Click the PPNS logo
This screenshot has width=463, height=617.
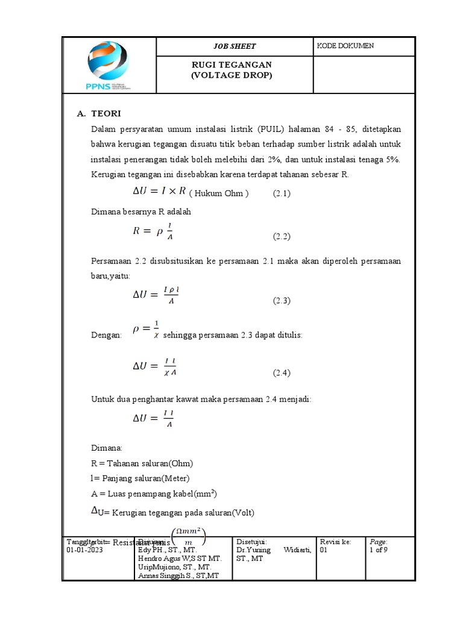coord(109,66)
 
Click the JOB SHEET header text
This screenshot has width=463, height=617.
coord(235,46)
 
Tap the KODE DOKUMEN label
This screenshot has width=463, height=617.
coord(345,46)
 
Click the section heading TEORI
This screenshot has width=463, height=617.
coord(108,113)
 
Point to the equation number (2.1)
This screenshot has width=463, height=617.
coord(282,193)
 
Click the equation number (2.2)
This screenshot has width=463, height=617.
coord(282,237)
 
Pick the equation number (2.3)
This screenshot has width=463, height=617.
coord(282,300)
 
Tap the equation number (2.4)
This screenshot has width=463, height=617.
coord(282,372)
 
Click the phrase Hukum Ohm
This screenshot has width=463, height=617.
coord(218,193)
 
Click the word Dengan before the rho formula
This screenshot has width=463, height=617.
coord(106,335)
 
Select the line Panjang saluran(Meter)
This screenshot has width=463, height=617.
coord(140,478)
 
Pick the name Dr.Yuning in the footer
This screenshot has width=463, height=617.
coord(254,550)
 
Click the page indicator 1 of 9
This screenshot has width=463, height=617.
coord(379,550)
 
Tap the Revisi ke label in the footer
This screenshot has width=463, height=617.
coord(335,542)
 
